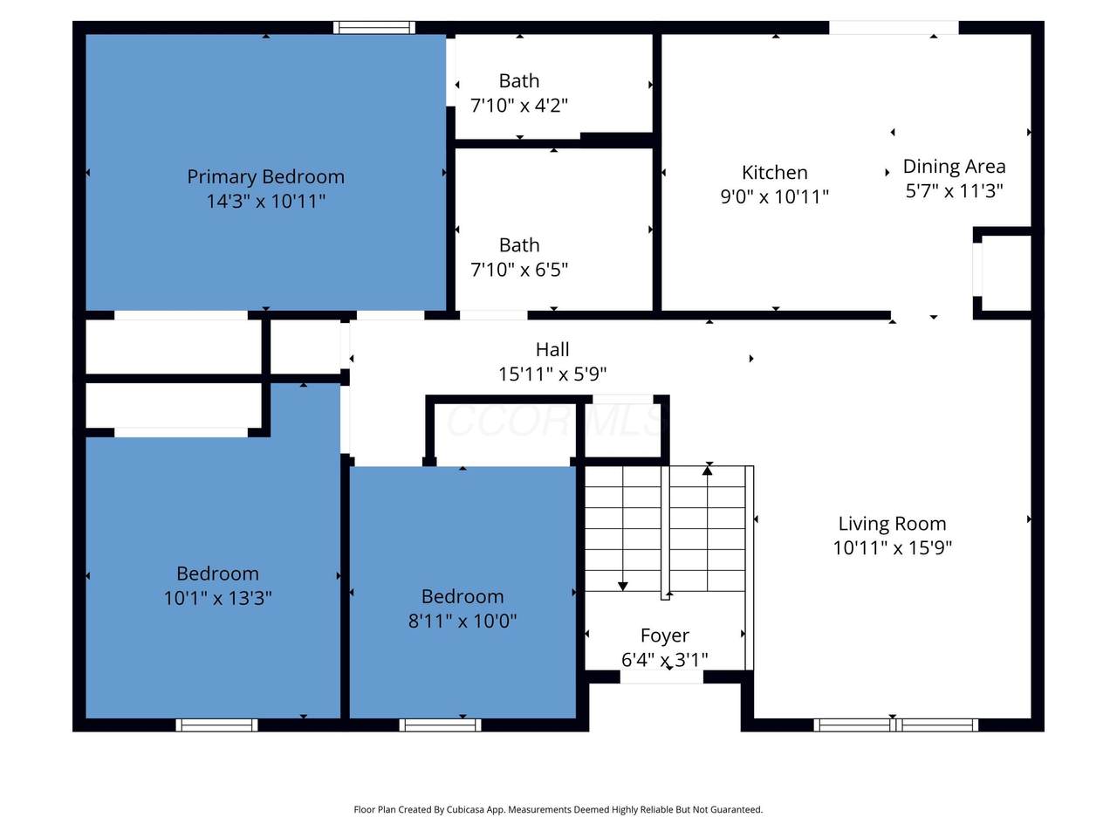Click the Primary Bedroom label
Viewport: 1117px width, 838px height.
click(x=265, y=177)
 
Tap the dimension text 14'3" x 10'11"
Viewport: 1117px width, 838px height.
click(x=265, y=201)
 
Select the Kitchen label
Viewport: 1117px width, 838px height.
click(x=775, y=173)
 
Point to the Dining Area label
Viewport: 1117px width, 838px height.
click(x=954, y=167)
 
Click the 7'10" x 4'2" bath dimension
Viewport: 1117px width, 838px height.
click(x=519, y=106)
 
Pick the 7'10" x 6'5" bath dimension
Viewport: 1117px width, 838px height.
click(x=519, y=270)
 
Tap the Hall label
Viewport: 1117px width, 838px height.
click(x=552, y=349)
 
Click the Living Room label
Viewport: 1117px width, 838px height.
click(x=892, y=524)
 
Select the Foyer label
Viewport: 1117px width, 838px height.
click(x=665, y=636)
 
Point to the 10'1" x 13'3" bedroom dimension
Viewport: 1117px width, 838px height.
click(x=217, y=598)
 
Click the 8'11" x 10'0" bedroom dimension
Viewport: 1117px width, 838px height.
click(x=462, y=621)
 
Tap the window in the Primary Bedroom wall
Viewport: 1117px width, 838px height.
click(x=374, y=27)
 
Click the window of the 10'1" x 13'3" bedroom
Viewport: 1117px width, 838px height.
click(x=216, y=725)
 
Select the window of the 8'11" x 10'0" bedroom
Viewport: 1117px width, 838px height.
click(x=440, y=725)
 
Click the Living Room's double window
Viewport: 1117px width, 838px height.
click(x=895, y=725)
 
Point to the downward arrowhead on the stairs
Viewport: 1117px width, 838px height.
click(x=623, y=586)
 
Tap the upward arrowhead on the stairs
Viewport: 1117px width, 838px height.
click(x=708, y=471)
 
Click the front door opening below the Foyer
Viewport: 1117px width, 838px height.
click(x=661, y=677)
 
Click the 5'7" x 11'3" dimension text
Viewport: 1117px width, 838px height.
click(x=954, y=191)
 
